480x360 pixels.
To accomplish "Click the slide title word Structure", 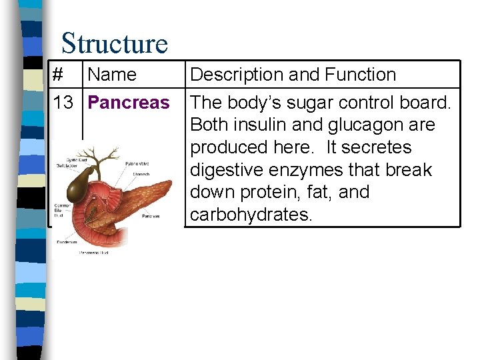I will (x=114, y=44).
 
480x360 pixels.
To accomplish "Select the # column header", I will (x=58, y=75).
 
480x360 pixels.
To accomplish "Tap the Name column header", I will (x=111, y=75).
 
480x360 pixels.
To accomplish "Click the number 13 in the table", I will (x=63, y=103).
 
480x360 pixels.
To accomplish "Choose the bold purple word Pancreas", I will (x=129, y=103).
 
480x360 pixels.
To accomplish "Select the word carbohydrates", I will (x=251, y=215).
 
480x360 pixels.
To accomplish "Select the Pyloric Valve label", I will (x=137, y=163).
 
